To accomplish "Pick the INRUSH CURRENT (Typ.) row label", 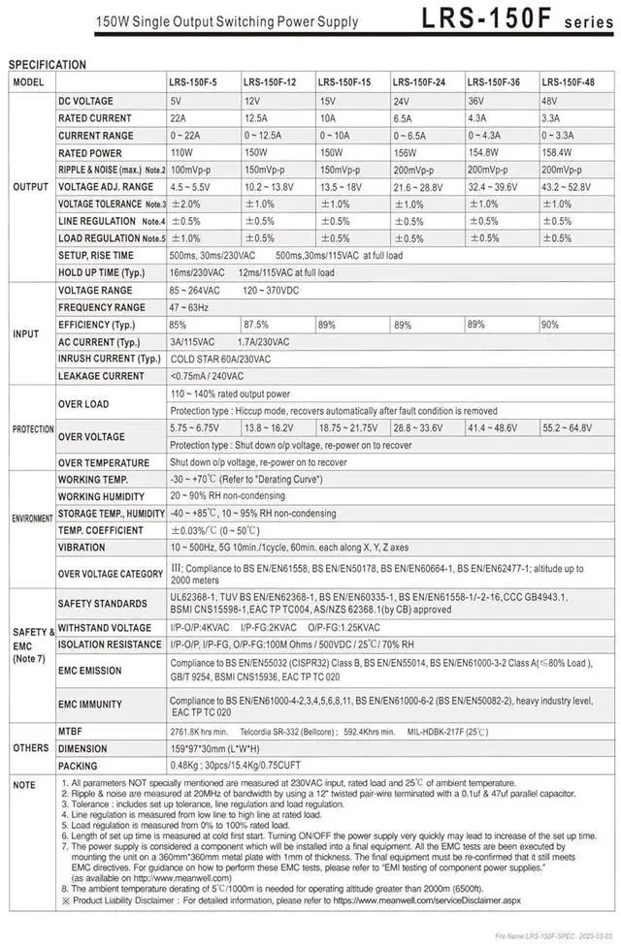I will pyautogui.click(x=109, y=359).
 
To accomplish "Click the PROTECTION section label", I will pyautogui.click(x=32, y=428).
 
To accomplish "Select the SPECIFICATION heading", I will pyautogui.click(x=47, y=65).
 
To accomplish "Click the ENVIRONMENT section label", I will pyautogui.click(x=32, y=519).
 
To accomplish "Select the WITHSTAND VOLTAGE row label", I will pyautogui.click(x=104, y=627).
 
